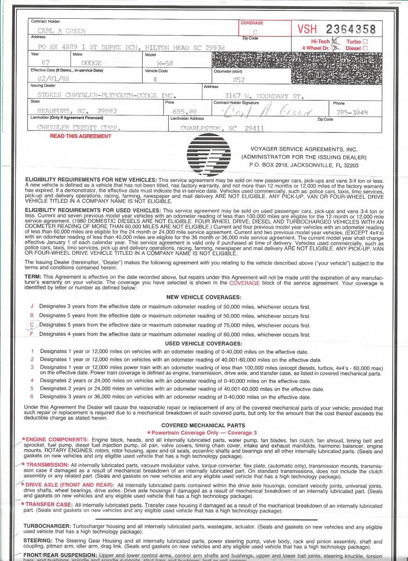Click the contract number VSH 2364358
pos(336,29)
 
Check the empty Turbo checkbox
pos(365,42)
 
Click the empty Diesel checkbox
pos(365,48)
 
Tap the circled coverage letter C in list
pos(32,325)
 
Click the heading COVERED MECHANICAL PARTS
pos(203,425)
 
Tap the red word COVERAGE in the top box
pos(252,23)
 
